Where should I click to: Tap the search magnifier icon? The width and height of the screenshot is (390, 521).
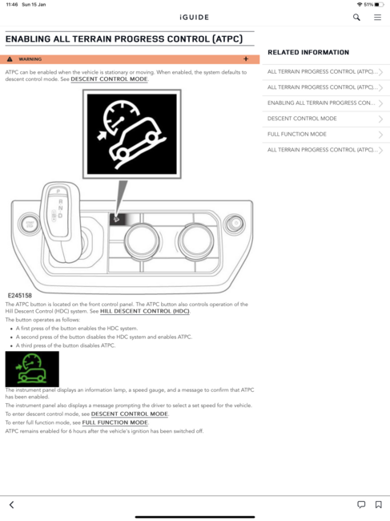point(356,18)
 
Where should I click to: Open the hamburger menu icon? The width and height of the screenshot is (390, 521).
point(377,18)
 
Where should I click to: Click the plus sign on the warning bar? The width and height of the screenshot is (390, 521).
point(246,59)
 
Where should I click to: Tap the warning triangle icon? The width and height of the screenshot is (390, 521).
point(10,59)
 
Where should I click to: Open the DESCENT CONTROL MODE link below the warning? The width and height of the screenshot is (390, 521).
point(109,79)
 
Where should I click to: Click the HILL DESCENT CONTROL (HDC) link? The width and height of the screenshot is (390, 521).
point(145,311)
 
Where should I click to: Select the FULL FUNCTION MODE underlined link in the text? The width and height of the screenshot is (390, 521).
point(115,422)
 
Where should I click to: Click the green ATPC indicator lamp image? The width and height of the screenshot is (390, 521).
point(32,369)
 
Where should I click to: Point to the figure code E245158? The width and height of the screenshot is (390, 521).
point(20,296)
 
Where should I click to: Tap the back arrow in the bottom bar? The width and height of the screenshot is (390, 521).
point(12,505)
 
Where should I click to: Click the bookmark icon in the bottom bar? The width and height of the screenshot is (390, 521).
point(378,504)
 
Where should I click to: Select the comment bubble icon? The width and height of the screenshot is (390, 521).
point(361,504)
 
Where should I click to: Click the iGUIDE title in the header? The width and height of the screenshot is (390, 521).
point(194,18)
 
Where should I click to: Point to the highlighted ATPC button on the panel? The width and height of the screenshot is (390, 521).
point(117,219)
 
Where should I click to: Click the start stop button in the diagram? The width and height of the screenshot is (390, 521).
point(30,224)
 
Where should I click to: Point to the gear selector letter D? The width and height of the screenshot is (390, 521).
point(60,216)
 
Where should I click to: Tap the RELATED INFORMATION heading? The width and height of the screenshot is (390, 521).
point(308,52)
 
